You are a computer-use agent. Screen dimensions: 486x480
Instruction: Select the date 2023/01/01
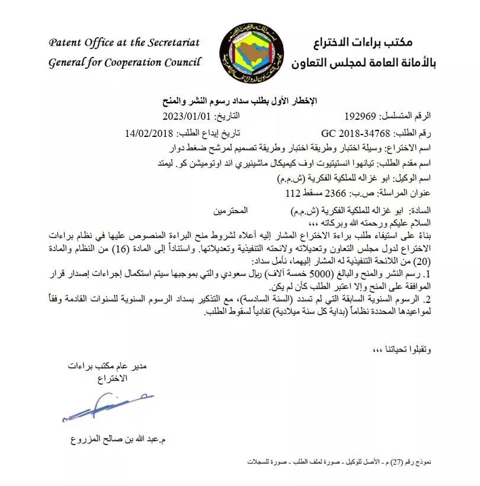pos(188,116)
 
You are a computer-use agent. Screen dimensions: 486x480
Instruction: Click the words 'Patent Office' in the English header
pos(87,43)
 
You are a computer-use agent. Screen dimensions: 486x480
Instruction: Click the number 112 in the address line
pos(294,193)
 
